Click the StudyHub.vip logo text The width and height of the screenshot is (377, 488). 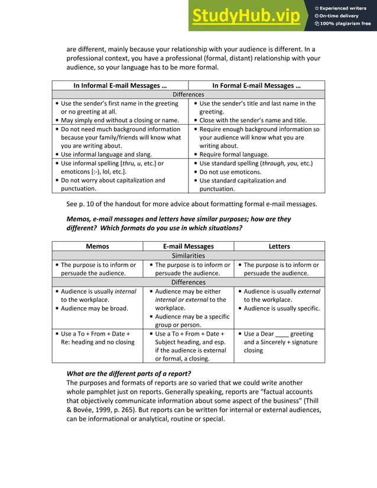tap(246, 16)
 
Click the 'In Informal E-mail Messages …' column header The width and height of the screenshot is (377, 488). tap(120, 86)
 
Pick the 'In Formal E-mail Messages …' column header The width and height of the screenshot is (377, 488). tap(256, 86)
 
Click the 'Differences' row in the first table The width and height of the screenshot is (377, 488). tap(188, 95)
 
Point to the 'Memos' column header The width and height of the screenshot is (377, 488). tap(97, 246)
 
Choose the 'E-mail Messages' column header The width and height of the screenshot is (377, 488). tap(188, 246)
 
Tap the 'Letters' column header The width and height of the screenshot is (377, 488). tap(279, 246)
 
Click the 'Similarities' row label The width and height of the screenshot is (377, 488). tap(188, 256)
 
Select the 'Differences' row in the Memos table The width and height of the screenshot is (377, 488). tap(188, 282)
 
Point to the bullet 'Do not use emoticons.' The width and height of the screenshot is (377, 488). tap(230, 172)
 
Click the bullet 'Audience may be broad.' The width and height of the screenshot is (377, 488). tap(94, 308)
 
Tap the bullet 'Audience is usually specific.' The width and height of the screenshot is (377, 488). tap(281, 308)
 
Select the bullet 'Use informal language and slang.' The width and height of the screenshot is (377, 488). tap(106, 155)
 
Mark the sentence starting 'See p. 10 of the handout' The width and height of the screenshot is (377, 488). tap(191, 204)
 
